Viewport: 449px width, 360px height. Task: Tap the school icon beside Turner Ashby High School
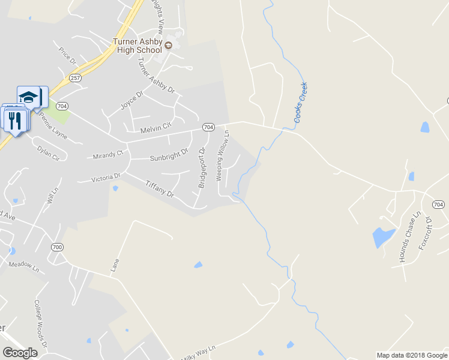(x=169, y=46)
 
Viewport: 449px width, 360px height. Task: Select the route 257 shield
(x=75, y=78)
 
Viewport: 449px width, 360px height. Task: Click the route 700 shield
(x=57, y=247)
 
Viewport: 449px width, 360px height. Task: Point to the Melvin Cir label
(x=155, y=128)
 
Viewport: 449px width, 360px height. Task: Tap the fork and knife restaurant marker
(x=16, y=120)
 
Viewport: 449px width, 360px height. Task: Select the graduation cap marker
(x=28, y=97)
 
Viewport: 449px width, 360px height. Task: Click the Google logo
(x=20, y=353)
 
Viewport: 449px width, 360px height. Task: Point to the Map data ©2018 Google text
(x=411, y=355)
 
